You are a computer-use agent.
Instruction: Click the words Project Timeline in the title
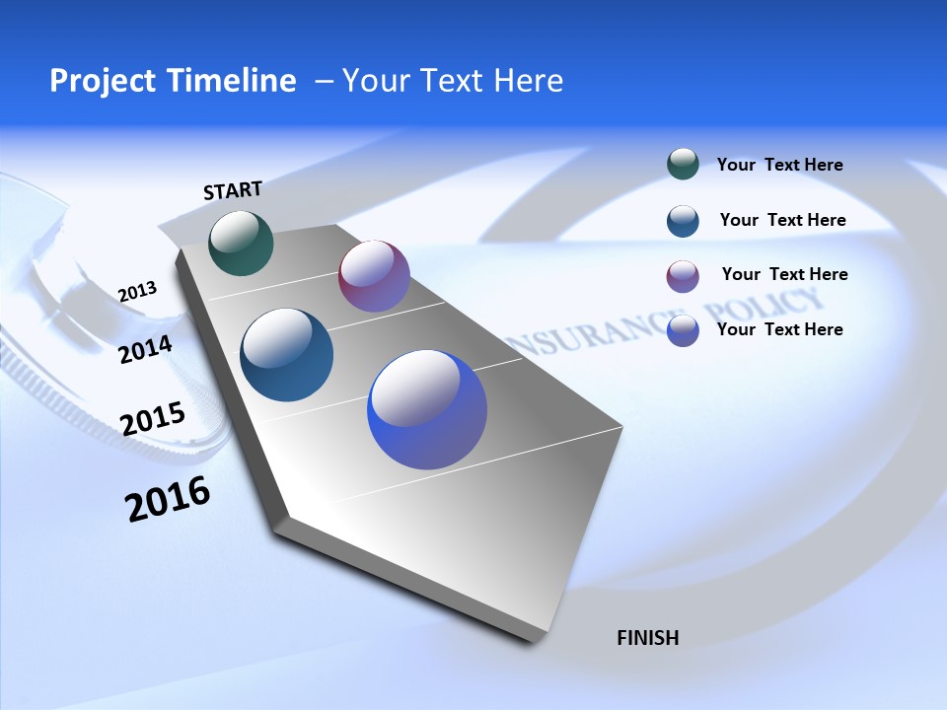click(x=173, y=81)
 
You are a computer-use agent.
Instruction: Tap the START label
click(x=233, y=190)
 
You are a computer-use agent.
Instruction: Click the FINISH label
click(x=647, y=638)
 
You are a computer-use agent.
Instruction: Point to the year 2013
click(x=137, y=292)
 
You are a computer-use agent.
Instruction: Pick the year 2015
click(x=152, y=418)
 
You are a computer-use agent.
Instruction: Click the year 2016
click(x=168, y=499)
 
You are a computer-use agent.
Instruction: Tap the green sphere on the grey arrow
click(x=241, y=243)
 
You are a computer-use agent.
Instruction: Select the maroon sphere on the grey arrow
click(x=374, y=276)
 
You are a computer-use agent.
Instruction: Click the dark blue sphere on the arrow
click(x=286, y=355)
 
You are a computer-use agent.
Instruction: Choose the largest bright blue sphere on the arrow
click(x=427, y=410)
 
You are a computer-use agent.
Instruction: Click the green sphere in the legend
click(x=683, y=164)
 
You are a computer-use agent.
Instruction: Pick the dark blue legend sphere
click(x=683, y=221)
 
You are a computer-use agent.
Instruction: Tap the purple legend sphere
click(x=683, y=276)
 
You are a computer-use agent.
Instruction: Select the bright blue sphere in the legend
click(x=683, y=330)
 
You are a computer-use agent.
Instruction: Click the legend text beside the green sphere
click(x=779, y=166)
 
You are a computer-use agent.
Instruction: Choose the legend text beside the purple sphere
click(x=784, y=274)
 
